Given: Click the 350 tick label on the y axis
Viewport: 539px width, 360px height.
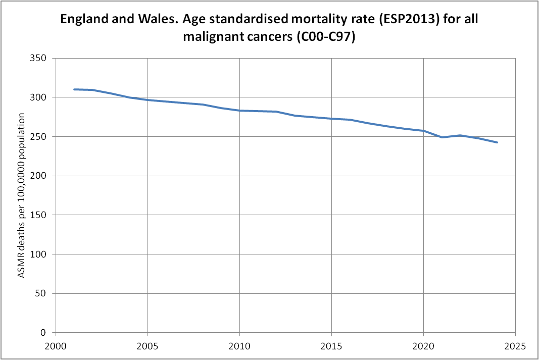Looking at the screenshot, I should coord(40,58).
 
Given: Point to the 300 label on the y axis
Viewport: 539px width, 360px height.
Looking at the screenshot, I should coord(40,97).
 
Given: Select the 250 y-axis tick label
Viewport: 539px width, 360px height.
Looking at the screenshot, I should coord(40,137).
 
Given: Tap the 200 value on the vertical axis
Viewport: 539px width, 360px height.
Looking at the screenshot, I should coord(40,176).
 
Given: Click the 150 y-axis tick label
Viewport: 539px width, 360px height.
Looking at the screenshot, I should coord(40,215).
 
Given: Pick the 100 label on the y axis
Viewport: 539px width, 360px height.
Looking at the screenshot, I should coord(40,254).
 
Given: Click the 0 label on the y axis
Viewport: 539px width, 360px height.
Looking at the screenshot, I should coord(44,333).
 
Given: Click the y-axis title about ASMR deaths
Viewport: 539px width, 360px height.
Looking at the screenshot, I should coord(22,195).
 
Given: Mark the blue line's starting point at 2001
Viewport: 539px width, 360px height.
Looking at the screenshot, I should coord(74,89).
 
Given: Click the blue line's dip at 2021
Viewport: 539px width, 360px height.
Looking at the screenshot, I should coord(442,137).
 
